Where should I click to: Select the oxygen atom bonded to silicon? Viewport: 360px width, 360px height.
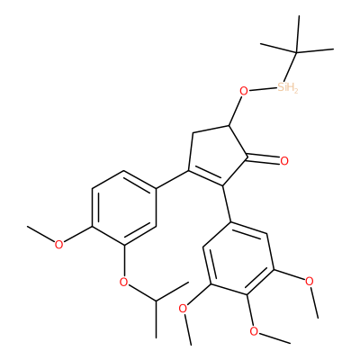[245, 91]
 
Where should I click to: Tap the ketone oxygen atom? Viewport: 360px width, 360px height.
[284, 161]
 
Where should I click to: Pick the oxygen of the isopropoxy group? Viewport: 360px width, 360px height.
[123, 282]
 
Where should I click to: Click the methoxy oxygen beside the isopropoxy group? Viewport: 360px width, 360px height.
[59, 245]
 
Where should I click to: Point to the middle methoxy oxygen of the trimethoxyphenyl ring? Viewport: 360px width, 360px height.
[254, 331]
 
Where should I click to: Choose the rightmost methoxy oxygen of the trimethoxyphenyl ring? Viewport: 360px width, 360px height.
[309, 282]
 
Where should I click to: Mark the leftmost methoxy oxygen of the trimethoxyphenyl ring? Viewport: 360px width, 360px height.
[183, 308]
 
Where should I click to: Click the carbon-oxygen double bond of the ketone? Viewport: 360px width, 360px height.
[263, 158]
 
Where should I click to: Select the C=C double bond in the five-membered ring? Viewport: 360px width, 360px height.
[205, 178]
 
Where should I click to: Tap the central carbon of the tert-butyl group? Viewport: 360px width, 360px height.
[296, 53]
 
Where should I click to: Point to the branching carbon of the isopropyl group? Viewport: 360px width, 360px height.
[156, 301]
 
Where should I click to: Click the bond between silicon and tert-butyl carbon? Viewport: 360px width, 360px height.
[290, 67]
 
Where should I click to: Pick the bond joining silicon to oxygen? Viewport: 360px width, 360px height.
[263, 89]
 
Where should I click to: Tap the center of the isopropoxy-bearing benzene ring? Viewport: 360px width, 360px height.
[124, 208]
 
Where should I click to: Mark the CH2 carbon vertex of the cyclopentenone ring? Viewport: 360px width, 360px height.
[193, 133]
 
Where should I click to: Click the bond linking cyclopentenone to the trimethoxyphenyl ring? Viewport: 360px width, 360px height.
[227, 203]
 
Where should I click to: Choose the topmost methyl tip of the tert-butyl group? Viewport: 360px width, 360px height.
[299, 15]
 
